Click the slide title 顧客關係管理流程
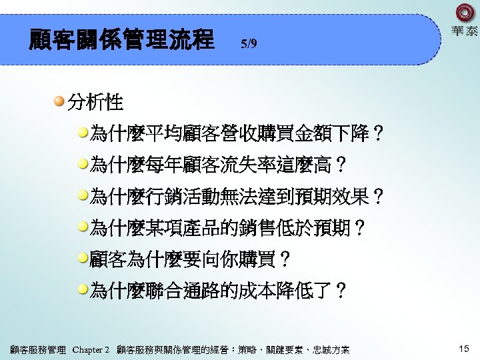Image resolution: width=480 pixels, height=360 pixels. [121, 39]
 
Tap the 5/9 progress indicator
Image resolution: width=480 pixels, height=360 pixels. [248, 45]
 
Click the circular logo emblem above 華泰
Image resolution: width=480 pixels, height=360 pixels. [464, 13]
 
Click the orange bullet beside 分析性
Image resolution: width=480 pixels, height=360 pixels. [59, 101]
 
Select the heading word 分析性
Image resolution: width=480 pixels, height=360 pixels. [95, 103]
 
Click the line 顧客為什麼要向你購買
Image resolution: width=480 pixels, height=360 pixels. [190, 258]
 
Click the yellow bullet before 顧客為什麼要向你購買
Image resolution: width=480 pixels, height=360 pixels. [83, 257]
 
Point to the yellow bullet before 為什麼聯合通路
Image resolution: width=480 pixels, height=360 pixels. [83, 289]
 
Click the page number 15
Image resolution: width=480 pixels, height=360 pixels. [464, 349]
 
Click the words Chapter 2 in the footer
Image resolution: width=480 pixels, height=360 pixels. [90, 349]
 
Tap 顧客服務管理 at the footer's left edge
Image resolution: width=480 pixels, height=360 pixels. [38, 349]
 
